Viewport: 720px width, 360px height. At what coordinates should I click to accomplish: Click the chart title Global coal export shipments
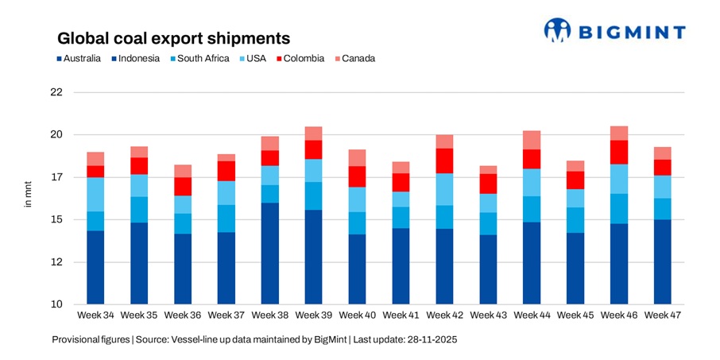coord(172,38)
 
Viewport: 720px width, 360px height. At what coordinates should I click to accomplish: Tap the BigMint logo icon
coord(557,30)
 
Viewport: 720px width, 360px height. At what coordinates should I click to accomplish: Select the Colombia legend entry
coord(301,58)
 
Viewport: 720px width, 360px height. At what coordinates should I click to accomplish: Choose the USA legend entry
coord(254,58)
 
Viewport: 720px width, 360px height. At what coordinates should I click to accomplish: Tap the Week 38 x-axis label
coord(270,315)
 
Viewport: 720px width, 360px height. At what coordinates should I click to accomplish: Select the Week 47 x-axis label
coord(663,315)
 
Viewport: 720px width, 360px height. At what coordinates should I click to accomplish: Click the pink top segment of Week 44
coord(532,140)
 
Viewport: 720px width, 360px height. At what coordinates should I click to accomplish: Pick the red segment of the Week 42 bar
coord(444,161)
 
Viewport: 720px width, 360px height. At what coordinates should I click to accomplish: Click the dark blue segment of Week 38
coord(270,253)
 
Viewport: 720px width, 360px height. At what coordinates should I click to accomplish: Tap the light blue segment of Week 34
coord(96,194)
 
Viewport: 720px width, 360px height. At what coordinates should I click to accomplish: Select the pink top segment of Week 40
coord(358,157)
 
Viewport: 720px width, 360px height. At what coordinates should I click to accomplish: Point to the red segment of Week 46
coord(619,152)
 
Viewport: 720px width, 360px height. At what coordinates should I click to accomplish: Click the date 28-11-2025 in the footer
coord(433,339)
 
